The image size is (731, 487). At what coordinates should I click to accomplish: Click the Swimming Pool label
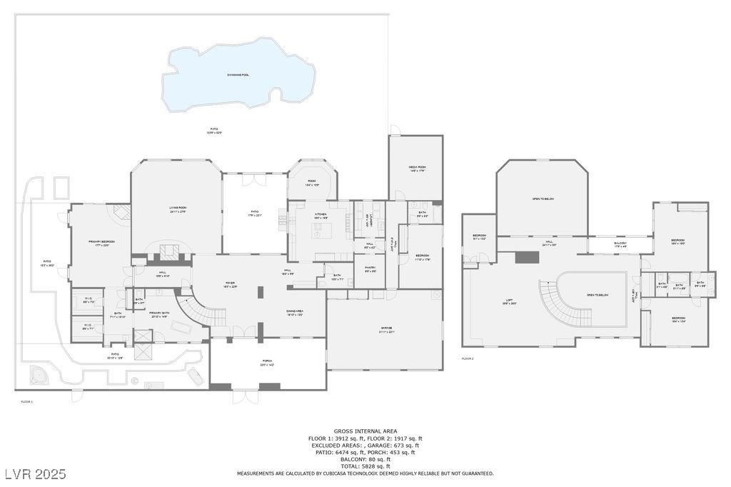(238, 74)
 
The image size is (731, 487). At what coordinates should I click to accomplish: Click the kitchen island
(321, 230)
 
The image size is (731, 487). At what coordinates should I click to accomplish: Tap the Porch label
(266, 363)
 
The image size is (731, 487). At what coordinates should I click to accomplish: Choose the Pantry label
(370, 270)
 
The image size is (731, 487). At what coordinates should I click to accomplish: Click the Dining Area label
(295, 313)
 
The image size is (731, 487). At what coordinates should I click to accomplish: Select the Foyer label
(230, 283)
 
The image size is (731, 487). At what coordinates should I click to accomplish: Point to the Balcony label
(620, 245)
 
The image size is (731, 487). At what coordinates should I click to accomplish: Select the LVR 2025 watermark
(34, 474)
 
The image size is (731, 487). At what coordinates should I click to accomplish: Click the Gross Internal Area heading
(365, 432)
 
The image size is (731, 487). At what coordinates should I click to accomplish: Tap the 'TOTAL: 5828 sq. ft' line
(365, 466)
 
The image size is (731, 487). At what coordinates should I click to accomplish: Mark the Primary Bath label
(159, 314)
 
